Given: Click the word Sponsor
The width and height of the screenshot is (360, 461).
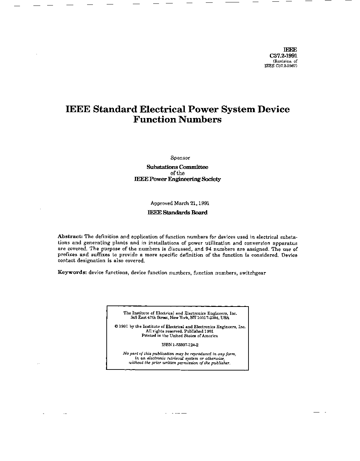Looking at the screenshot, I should pos(180,158).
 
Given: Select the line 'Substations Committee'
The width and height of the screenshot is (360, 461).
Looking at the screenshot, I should pos(177,167).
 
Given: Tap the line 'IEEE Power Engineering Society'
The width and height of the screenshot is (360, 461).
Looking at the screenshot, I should pos(177,179).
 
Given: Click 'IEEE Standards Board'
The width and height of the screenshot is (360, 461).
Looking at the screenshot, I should pos(177,213).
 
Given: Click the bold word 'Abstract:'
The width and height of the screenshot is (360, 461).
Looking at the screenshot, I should pos(70,237).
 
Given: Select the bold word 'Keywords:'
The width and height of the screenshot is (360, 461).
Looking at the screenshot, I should pos(72,272).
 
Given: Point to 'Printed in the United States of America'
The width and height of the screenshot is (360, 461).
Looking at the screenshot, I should pos(180,336).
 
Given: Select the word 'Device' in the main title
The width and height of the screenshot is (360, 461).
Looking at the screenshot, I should pos(274,109).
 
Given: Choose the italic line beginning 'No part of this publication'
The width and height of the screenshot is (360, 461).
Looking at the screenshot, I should pos(179,354).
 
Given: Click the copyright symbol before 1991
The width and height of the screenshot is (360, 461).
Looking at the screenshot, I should pos(117,327).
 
